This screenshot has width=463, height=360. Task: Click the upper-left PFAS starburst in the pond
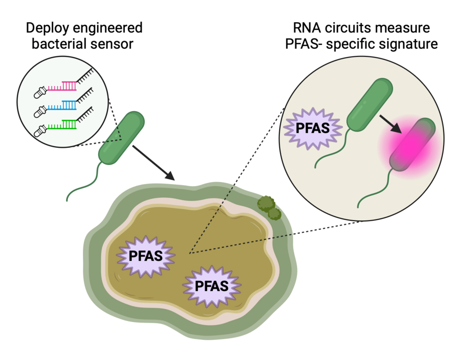tap(145, 256)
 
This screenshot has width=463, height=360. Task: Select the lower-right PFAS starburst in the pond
tap(211, 286)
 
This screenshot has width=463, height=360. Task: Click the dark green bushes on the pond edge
tap(268, 207)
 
